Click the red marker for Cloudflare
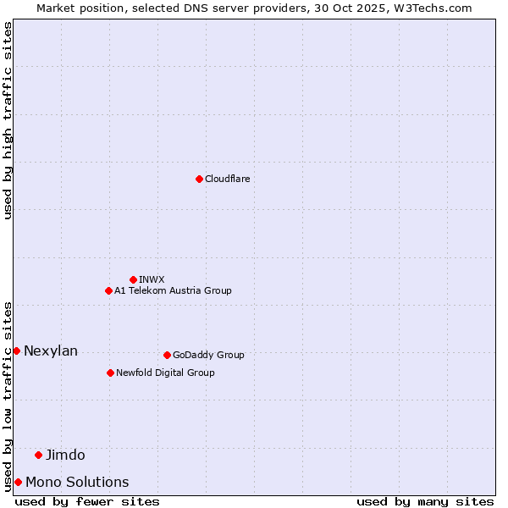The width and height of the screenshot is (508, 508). pos(199,179)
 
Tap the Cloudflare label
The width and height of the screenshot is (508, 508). pos(228,179)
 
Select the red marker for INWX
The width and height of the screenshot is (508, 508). pos(133,279)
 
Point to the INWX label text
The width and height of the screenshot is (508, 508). pos(152,279)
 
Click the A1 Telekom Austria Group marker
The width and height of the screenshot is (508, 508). pos(108,290)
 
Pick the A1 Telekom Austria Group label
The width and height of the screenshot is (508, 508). pos(173,290)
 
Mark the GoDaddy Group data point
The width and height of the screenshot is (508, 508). pos(167,355)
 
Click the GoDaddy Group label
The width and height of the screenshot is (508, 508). pos(208,355)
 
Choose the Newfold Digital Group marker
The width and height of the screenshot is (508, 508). pos(110,373)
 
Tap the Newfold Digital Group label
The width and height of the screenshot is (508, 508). pos(165,373)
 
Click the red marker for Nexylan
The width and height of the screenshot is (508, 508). pos(16,351)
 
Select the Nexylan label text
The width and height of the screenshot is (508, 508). pos(51,351)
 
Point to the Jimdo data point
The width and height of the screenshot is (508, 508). pos(38,455)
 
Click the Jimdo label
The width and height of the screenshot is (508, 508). pos(65,455)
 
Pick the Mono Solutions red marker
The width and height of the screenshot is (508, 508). pos(18,482)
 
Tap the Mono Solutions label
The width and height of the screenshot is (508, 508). pos(77,482)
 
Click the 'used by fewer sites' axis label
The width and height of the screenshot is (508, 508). pos(87,501)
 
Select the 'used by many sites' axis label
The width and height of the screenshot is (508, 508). pos(425,501)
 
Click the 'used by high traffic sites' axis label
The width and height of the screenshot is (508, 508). pos(8,121)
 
